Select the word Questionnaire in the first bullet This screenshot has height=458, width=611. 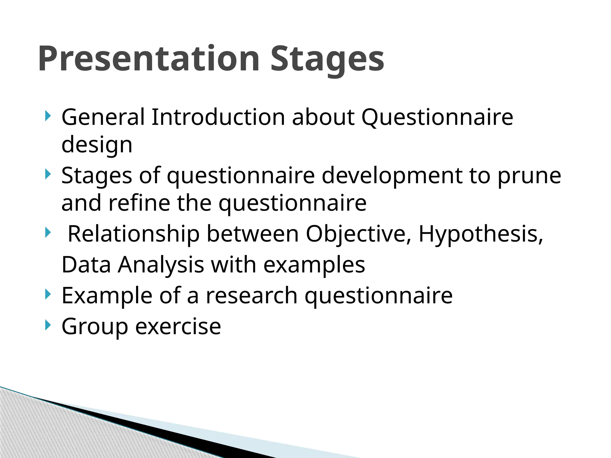click(x=437, y=117)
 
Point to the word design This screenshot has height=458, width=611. click(x=97, y=145)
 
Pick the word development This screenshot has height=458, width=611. click(x=392, y=176)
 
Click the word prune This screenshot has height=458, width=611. click(x=529, y=176)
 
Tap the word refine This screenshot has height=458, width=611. click(x=139, y=203)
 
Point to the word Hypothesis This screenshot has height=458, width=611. click(x=481, y=234)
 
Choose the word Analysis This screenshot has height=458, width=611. click(x=161, y=265)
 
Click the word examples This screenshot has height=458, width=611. click(x=314, y=265)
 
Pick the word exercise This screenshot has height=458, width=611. click(x=178, y=327)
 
